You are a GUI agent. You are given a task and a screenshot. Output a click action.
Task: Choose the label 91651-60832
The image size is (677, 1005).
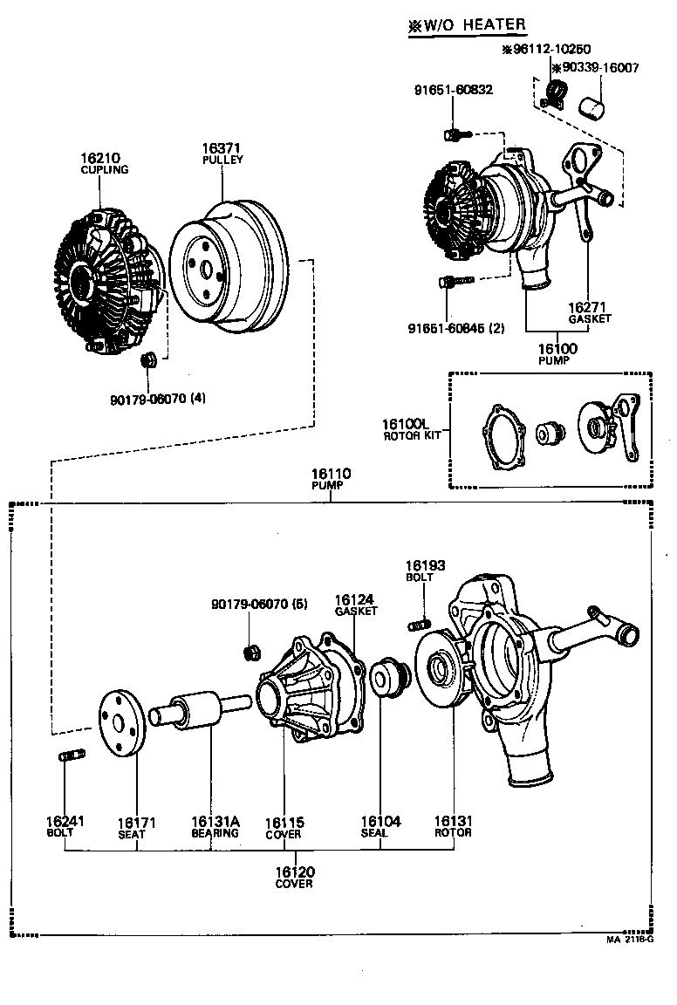pyautogui.click(x=453, y=90)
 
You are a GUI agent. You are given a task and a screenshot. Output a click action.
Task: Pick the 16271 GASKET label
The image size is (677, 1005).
pyautogui.click(x=589, y=313)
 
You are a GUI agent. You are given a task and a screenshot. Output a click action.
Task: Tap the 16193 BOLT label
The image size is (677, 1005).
pyautogui.click(x=425, y=571)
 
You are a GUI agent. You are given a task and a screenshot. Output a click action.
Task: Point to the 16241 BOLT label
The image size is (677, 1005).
pyautogui.click(x=65, y=827)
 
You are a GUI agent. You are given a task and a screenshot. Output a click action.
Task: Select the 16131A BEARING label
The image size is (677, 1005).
pyautogui.click(x=215, y=827)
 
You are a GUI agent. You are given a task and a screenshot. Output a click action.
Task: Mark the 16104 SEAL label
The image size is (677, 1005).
pyautogui.click(x=380, y=827)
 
